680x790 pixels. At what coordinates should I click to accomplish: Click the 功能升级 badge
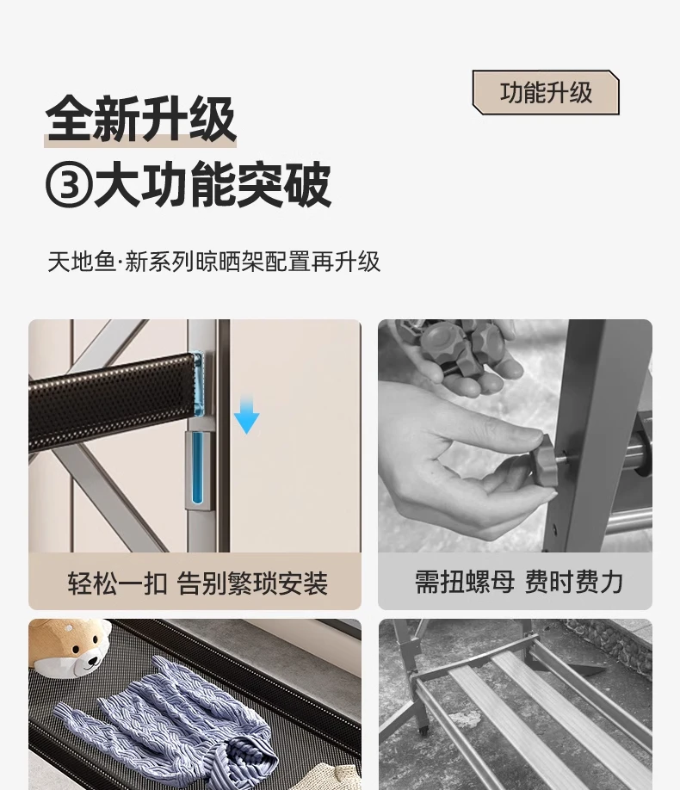[546, 92]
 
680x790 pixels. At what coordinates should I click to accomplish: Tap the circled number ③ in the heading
[69, 184]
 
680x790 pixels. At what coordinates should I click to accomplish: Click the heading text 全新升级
[140, 119]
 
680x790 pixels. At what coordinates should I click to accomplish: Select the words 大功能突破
[213, 184]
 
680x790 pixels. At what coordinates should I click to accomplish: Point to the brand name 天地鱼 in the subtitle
[82, 262]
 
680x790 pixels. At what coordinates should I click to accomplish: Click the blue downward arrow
[246, 415]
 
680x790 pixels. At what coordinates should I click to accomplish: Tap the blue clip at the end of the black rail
[197, 384]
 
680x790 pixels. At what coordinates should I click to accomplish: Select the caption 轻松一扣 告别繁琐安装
[198, 583]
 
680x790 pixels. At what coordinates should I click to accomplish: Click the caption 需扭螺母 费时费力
[519, 582]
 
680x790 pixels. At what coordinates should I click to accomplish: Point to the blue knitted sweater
[166, 720]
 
